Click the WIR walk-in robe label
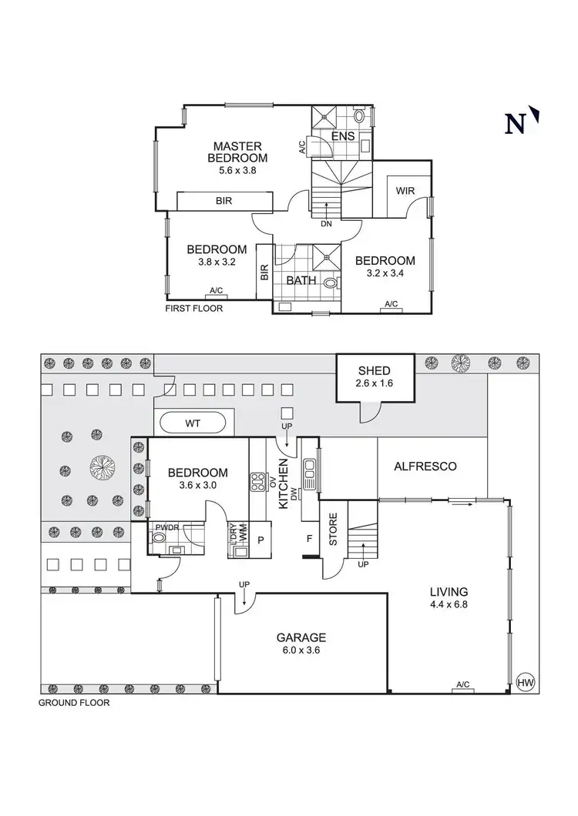(x=406, y=191)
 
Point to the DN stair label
(x=326, y=224)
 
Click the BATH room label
(x=301, y=280)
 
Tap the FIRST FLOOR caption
(x=193, y=309)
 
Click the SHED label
(x=374, y=370)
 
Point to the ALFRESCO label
(x=425, y=466)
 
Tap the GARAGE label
(x=301, y=637)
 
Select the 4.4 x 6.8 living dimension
(x=449, y=605)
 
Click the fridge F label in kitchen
(x=309, y=538)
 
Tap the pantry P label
(x=260, y=539)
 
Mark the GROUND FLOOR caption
(x=74, y=703)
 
